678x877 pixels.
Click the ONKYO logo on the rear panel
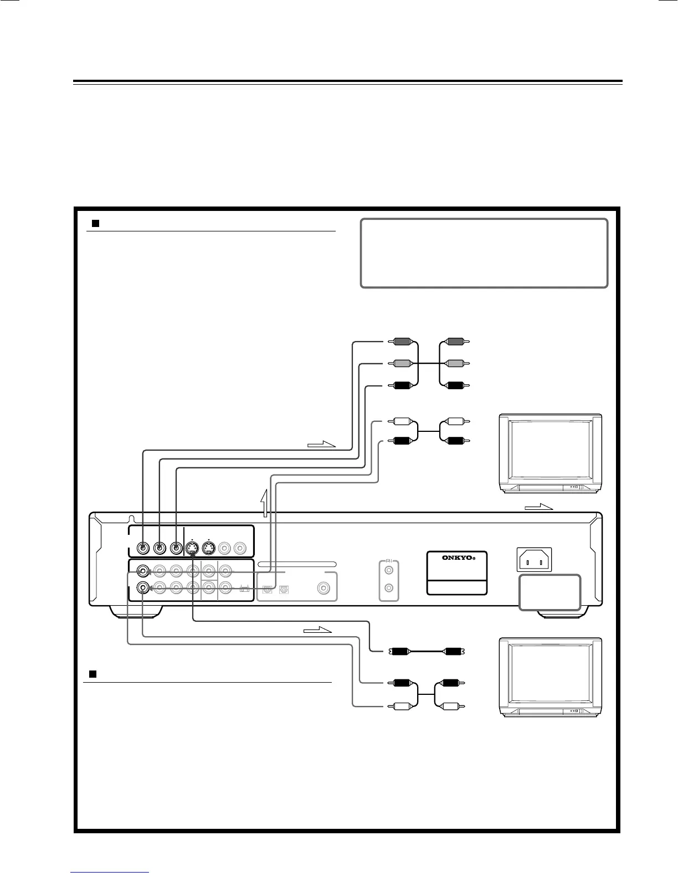click(457, 558)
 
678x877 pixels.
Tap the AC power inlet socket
click(535, 560)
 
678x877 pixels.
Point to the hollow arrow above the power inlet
click(539, 507)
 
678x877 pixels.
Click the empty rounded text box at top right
click(484, 253)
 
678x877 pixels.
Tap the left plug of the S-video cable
click(401, 651)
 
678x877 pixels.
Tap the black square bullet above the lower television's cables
click(94, 674)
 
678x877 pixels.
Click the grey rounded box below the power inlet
click(549, 592)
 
